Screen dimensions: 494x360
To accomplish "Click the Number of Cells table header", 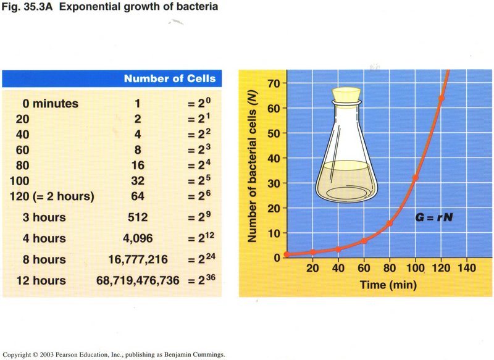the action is click(x=170, y=78).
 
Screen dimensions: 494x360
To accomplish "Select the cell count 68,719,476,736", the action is click(x=138, y=280).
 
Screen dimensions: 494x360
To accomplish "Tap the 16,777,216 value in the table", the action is click(x=138, y=259).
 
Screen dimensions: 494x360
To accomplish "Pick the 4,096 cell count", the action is click(x=138, y=238).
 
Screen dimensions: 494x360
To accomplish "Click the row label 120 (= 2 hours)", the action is click(x=52, y=196).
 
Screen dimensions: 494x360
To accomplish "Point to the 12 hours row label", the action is click(x=41, y=280).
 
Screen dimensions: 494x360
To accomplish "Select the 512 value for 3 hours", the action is click(x=138, y=217).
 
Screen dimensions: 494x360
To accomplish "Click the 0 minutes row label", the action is click(x=51, y=103).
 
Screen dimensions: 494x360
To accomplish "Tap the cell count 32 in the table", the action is click(x=138, y=181).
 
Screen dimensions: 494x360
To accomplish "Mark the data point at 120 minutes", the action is click(x=441, y=98).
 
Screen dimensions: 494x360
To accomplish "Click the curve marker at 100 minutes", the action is click(x=415, y=178).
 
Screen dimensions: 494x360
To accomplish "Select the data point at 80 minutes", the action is click(x=390, y=224).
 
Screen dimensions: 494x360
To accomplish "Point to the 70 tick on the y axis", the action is click(x=274, y=83).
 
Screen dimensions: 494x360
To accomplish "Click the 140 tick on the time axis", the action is click(x=467, y=268).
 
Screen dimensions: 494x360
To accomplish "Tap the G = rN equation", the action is click(x=434, y=217).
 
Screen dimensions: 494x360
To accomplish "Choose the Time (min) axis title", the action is click(x=388, y=285).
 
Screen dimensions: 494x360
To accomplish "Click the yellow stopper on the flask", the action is click(x=346, y=94).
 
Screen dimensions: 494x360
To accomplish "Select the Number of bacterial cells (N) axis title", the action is click(x=252, y=167).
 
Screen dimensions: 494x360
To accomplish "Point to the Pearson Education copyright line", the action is click(x=114, y=354).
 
